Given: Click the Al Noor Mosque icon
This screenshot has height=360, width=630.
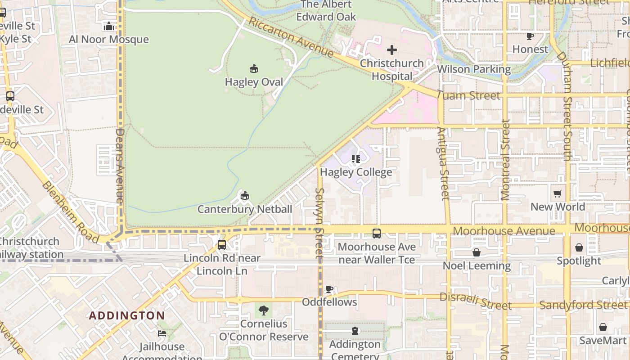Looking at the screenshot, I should click(108, 27).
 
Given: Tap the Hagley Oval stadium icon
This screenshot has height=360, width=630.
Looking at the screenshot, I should click(254, 69).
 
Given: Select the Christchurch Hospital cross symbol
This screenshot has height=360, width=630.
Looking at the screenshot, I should click(392, 50).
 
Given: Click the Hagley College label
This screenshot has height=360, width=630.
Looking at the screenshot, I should click(356, 172).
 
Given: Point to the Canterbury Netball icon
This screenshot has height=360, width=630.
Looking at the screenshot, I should click(244, 196).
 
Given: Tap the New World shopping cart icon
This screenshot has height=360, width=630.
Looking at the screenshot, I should click(558, 193).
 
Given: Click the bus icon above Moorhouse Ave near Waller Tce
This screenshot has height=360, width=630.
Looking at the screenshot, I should click(377, 234).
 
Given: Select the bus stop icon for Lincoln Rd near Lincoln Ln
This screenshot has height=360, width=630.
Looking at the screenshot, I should click(222, 245).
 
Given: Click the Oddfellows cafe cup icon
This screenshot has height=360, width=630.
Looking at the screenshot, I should click(329, 289).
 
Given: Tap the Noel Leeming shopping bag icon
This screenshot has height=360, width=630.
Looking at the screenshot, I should click(477, 252).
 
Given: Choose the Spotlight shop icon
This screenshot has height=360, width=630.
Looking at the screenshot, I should click(579, 247).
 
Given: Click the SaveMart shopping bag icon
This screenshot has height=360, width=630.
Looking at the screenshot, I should click(603, 327).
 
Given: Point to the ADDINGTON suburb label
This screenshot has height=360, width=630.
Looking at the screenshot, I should click(127, 315).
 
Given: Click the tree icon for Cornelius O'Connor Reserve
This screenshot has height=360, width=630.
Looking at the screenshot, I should click(264, 310).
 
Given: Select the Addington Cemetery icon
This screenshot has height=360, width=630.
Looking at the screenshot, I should click(355, 331).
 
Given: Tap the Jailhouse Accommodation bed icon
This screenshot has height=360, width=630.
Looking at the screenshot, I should click(162, 333).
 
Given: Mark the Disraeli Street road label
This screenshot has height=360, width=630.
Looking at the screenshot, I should click(475, 301).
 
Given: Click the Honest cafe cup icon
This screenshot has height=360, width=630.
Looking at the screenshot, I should click(530, 36).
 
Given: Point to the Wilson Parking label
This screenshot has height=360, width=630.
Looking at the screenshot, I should click(474, 69).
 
